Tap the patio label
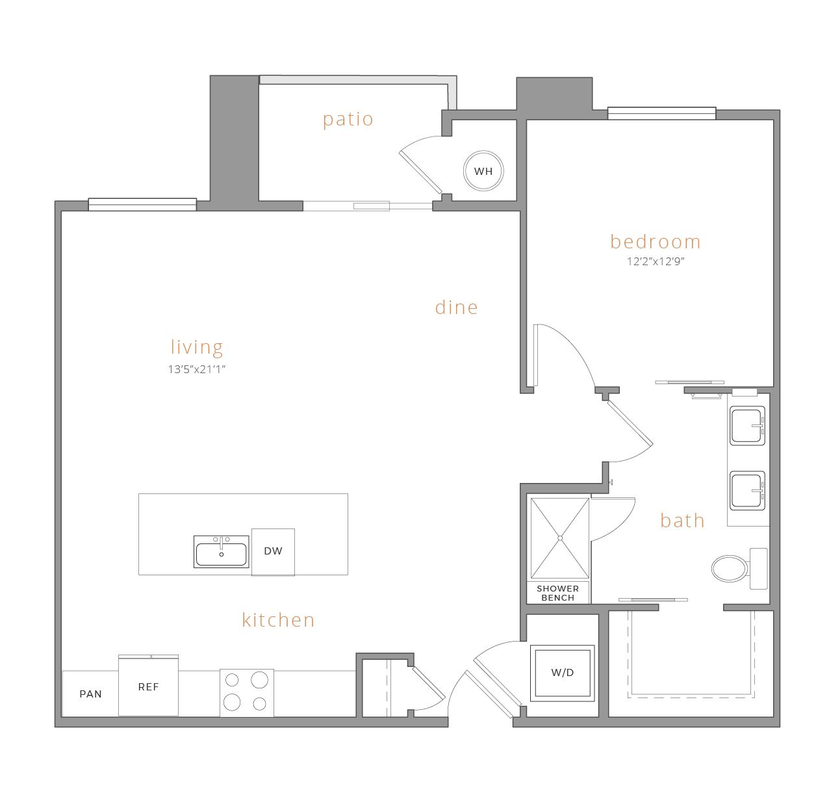click(x=348, y=120)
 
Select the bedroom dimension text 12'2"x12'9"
click(x=656, y=261)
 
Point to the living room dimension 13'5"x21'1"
click(x=196, y=369)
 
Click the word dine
click(x=456, y=307)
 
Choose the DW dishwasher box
click(x=273, y=552)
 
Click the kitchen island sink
click(x=221, y=551)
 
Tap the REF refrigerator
click(x=148, y=686)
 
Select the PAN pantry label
click(x=91, y=694)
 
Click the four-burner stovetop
click(x=247, y=692)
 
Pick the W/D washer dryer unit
click(x=563, y=673)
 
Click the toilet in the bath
click(x=739, y=569)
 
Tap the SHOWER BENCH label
click(x=557, y=593)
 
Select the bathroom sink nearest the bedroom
click(x=747, y=426)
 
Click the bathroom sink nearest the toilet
click(x=747, y=491)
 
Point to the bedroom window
click(x=661, y=113)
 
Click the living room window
click(x=142, y=205)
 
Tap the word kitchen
click(x=278, y=620)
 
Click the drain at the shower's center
click(x=560, y=538)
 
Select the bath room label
click(x=682, y=520)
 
